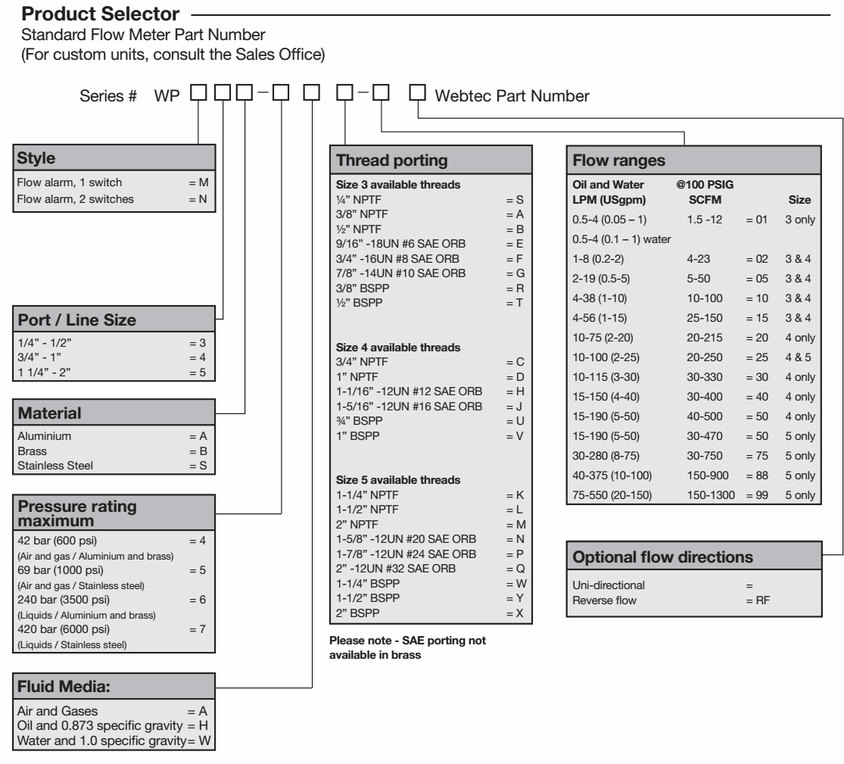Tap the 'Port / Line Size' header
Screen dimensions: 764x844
(76, 320)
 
